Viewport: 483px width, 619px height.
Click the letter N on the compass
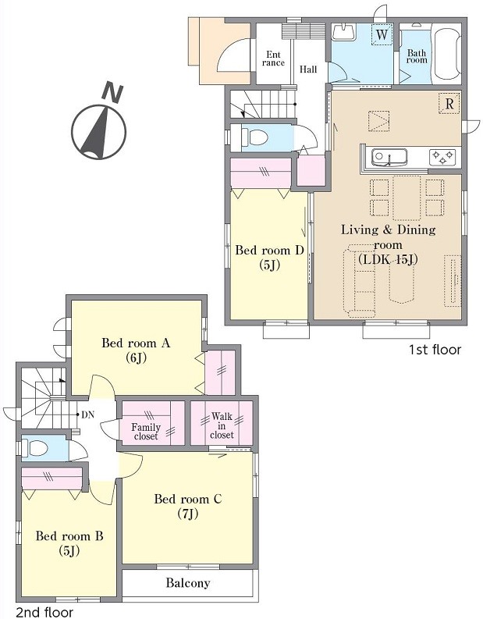point(112,93)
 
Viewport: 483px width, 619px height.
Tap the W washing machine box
point(382,34)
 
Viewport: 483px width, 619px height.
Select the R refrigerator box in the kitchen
point(449,104)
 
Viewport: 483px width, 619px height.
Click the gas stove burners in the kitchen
point(442,157)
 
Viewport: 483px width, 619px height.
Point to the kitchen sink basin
point(389,157)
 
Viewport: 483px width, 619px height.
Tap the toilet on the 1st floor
point(255,137)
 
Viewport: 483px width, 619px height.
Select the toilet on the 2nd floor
point(36,448)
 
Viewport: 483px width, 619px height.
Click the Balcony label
point(188,582)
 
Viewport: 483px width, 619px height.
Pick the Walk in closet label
point(222,425)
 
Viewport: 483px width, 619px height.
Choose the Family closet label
point(146,432)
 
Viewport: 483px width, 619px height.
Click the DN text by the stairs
point(87,414)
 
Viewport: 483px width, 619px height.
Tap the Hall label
point(308,69)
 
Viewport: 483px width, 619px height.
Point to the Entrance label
point(273,59)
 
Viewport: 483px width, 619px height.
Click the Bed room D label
point(269,250)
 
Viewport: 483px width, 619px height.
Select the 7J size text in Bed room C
point(188,514)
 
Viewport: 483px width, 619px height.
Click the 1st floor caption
point(435,350)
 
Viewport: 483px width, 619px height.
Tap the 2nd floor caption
point(44,612)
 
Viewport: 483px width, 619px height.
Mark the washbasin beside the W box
point(344,31)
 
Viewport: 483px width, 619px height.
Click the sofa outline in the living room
point(360,280)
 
